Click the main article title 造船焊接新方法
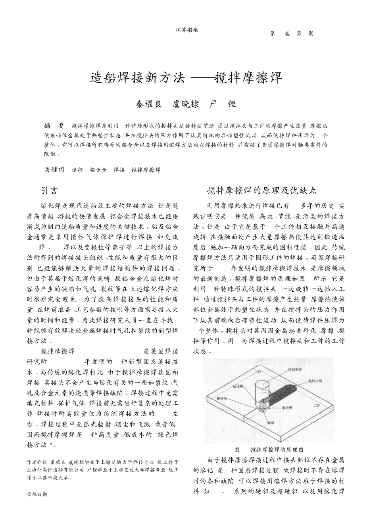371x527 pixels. click(x=137, y=78)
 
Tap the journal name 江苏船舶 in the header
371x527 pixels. click(x=187, y=30)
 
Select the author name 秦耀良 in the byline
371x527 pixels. click(x=149, y=104)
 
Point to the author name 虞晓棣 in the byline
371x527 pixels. click(x=185, y=104)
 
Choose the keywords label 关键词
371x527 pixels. click(x=54, y=169)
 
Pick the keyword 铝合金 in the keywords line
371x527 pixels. click(x=98, y=170)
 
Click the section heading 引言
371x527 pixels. click(x=49, y=191)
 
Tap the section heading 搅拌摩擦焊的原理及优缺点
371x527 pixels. click(x=262, y=190)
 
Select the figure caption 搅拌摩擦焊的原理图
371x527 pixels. click(x=277, y=450)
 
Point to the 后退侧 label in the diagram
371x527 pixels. click(x=238, y=385)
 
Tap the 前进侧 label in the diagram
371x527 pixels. click(x=287, y=408)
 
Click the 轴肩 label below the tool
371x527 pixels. click(x=271, y=423)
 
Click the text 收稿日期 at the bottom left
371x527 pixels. click(x=37, y=494)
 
